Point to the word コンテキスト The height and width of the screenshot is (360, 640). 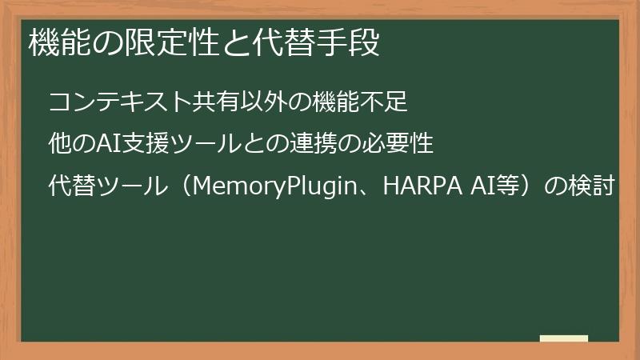pyautogui.click(x=120, y=102)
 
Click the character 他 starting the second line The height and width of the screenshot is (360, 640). pyautogui.click(x=59, y=145)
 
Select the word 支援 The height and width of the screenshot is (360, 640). pyautogui.click(x=139, y=145)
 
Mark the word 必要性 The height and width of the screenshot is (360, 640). pyautogui.click(x=398, y=145)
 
